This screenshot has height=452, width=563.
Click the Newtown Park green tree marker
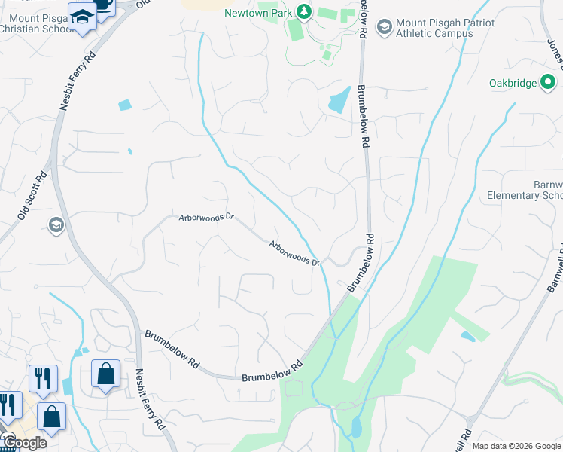[x=303, y=12]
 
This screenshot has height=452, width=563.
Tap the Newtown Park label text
[x=259, y=13]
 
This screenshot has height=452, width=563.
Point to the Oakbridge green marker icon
[x=549, y=81]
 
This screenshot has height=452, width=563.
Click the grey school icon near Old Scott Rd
[x=56, y=224]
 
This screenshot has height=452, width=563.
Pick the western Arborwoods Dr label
[x=206, y=217]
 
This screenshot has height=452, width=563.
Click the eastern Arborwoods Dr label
[x=296, y=252]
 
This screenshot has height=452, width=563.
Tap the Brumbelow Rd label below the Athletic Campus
[x=364, y=113]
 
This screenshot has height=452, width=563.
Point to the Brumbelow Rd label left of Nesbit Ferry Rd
[x=172, y=348]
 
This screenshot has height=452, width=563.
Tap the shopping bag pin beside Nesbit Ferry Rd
[x=106, y=374]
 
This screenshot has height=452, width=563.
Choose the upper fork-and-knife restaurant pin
[x=43, y=377]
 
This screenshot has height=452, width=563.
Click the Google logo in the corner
[x=24, y=443]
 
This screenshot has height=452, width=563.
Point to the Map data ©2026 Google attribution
[x=516, y=446]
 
